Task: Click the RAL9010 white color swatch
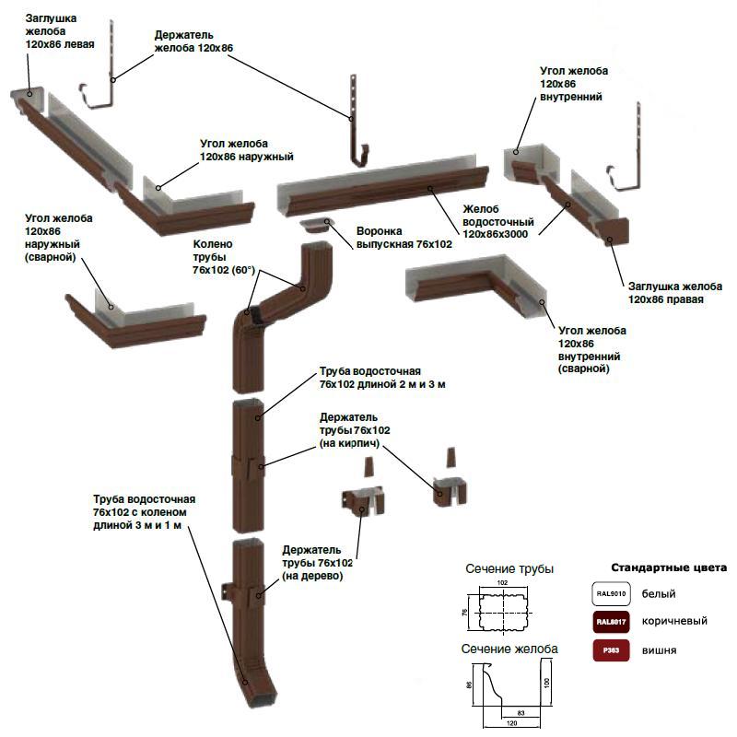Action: pyautogui.click(x=611, y=595)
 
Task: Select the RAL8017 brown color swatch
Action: pyautogui.click(x=611, y=622)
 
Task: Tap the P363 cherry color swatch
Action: pyautogui.click(x=611, y=649)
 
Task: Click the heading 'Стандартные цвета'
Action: pyautogui.click(x=669, y=567)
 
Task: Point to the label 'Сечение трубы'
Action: pyautogui.click(x=509, y=568)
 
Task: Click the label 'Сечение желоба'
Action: pyautogui.click(x=509, y=649)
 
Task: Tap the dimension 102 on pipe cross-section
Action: pyautogui.click(x=502, y=583)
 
